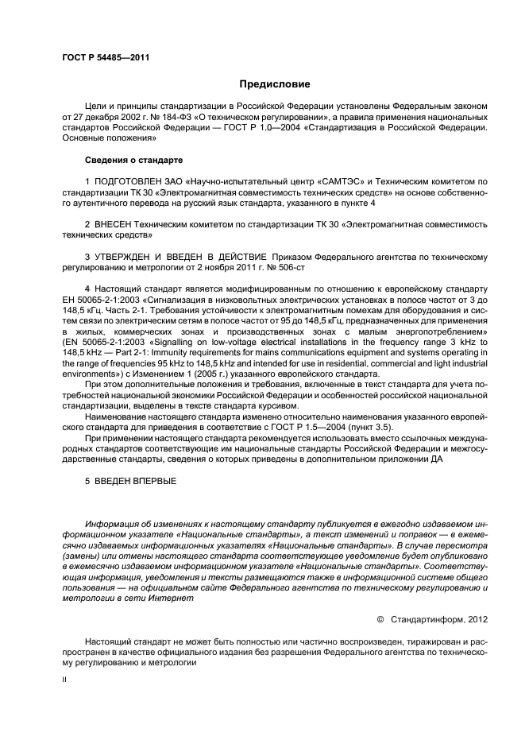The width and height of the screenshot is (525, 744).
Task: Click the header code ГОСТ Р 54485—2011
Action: (x=105, y=56)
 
